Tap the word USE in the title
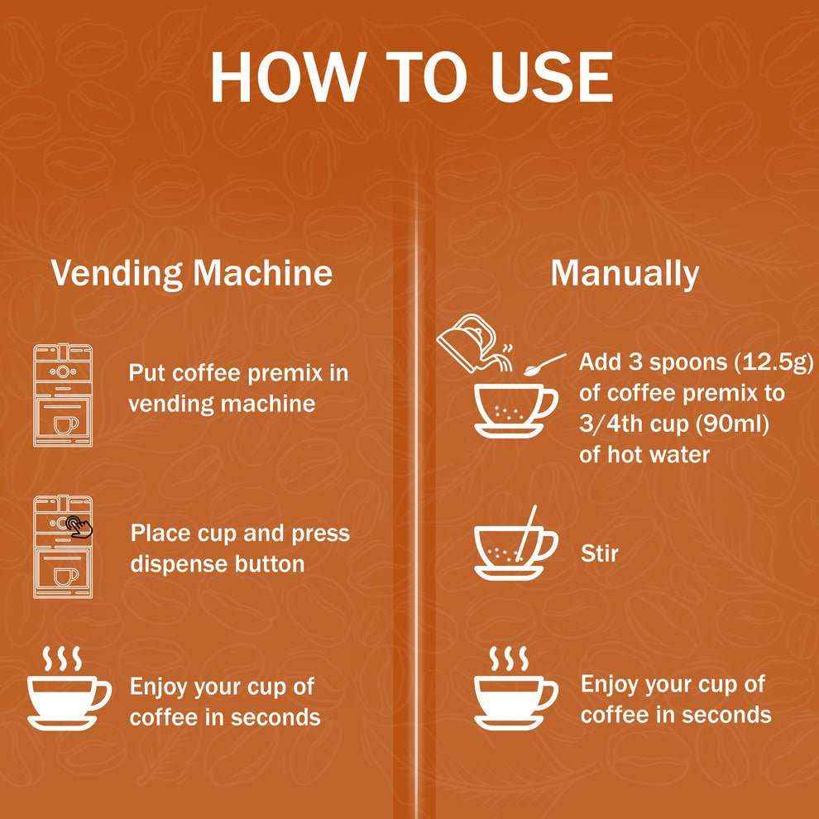pos(552,77)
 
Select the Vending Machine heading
pos(192,274)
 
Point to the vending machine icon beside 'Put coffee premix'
pos(63,395)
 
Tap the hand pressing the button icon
pos(79,526)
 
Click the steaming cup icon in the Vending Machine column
pos(69,688)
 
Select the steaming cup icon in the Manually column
pos(515,688)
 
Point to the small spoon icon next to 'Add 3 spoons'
pos(545,365)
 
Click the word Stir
pos(599,553)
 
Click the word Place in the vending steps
pos(160,534)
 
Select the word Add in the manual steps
pos(600,362)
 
